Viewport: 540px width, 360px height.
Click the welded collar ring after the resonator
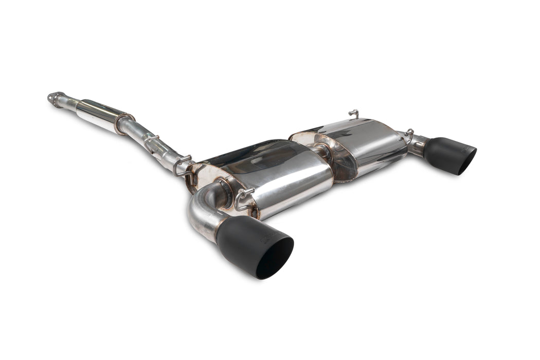(x=124, y=124)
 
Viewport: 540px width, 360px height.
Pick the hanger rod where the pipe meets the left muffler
(x=183, y=164)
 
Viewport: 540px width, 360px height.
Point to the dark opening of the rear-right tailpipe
(x=466, y=161)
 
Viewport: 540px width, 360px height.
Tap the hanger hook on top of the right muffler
(x=353, y=113)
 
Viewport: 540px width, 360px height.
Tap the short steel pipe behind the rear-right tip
(x=418, y=145)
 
